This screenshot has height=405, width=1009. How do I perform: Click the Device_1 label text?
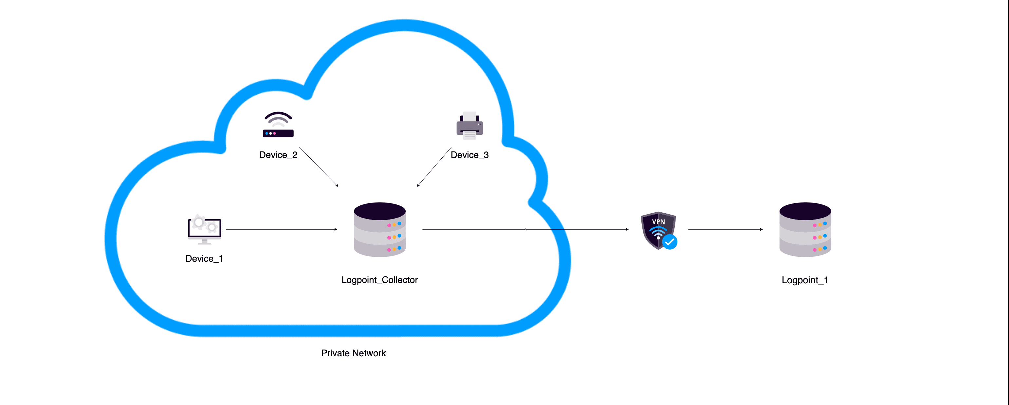tap(204, 259)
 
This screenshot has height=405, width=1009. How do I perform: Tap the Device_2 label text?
tap(278, 155)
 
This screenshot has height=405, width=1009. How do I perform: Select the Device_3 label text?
tap(470, 155)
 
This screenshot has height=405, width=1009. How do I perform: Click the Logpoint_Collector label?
tap(379, 280)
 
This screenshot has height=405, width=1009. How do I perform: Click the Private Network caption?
tap(353, 353)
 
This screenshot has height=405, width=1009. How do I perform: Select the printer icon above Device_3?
tap(470, 126)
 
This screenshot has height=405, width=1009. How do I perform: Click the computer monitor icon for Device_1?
tap(204, 229)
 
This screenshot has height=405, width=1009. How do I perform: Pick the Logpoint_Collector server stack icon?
tap(379, 230)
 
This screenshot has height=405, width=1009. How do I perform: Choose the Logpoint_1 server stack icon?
tap(805, 230)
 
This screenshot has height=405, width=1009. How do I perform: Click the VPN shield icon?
tap(658, 230)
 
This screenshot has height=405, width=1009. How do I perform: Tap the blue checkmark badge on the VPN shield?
tap(670, 242)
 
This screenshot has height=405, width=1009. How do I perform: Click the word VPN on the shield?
tap(658, 221)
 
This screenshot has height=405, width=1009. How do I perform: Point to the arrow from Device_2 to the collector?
tap(319, 167)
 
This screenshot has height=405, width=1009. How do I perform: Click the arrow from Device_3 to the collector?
tap(434, 167)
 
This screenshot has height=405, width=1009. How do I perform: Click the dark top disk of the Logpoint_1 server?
tap(805, 211)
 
